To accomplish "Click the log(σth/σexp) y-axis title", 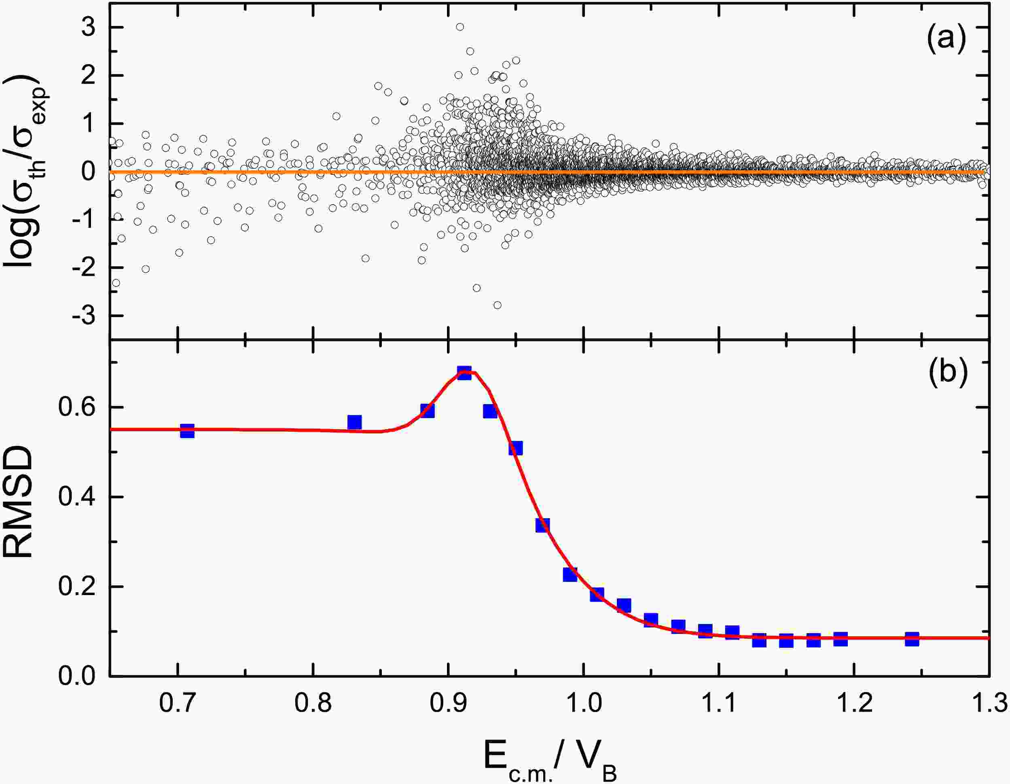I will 25,171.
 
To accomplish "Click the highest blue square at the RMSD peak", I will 464,373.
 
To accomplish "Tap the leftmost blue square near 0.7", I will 187,430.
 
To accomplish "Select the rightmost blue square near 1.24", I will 911,639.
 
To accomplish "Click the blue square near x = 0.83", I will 354,422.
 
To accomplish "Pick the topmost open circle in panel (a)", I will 459,27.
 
